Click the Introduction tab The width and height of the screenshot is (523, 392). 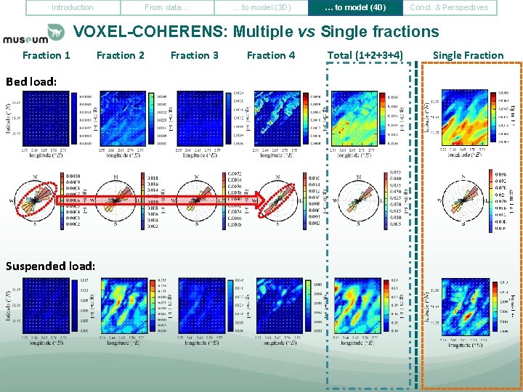[73, 8]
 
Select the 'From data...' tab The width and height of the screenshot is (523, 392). [166, 8]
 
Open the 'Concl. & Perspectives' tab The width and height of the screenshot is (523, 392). [449, 8]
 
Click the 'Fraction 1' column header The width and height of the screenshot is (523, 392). [46, 55]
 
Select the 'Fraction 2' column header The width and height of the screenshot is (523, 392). [121, 55]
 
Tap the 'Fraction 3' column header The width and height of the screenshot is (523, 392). [194, 55]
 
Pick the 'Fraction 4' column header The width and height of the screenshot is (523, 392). [271, 55]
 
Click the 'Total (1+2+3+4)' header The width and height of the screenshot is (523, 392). [365, 55]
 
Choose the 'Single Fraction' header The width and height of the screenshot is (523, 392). [468, 55]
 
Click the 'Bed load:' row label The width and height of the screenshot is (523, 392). [31, 81]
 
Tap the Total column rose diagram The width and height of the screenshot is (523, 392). [359, 199]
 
